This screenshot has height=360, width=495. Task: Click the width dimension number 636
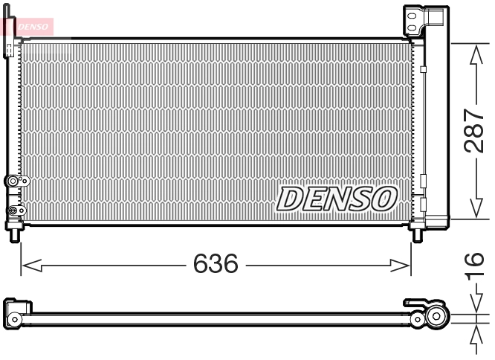216,263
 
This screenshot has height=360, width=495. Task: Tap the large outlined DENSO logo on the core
337,198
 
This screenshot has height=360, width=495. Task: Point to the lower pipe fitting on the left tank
13,211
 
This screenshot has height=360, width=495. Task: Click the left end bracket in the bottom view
16,312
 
